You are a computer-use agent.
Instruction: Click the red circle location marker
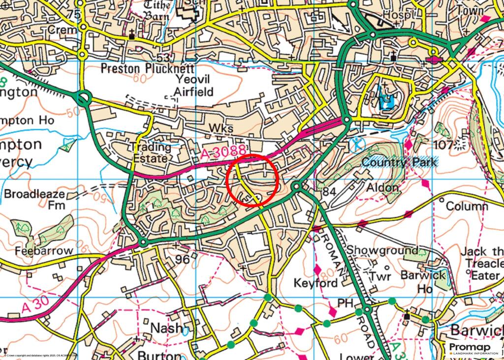pyautogui.click(x=253, y=180)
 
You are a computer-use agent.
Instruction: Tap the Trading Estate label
pyautogui.click(x=152, y=153)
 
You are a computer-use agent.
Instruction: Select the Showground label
pyautogui.click(x=382, y=250)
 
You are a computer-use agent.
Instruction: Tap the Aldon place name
pyautogui.click(x=382, y=188)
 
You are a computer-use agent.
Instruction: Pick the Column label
pyautogui.click(x=467, y=206)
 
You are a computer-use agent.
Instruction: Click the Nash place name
pyautogui.click(x=166, y=328)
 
